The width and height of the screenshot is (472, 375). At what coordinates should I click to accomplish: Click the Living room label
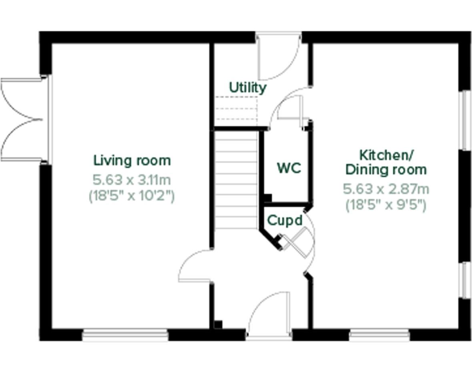(x=132, y=160)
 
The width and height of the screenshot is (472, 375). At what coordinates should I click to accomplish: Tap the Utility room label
(x=247, y=87)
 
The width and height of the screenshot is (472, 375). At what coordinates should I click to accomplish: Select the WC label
(x=289, y=168)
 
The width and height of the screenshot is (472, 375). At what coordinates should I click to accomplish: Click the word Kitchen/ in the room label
(x=386, y=155)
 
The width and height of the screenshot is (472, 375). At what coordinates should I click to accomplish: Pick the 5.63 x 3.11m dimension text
(x=132, y=180)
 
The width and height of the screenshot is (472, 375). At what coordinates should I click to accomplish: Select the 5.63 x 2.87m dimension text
(x=386, y=189)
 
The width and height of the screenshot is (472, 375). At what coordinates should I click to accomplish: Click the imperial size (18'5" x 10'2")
(x=132, y=196)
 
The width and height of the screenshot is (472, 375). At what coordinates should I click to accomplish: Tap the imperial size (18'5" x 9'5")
(x=386, y=205)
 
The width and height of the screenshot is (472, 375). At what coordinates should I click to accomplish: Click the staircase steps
(x=236, y=180)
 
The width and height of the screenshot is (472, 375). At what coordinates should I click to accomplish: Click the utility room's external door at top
(x=278, y=56)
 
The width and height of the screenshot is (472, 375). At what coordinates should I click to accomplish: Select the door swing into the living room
(x=195, y=266)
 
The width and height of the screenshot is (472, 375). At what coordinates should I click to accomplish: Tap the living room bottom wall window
(x=125, y=335)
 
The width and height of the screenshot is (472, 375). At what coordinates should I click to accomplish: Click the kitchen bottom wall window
(x=379, y=335)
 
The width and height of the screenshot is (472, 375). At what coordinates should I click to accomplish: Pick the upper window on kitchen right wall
(x=464, y=120)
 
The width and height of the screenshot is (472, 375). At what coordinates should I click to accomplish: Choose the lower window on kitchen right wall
(x=464, y=280)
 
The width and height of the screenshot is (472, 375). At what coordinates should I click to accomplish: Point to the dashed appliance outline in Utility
(x=236, y=109)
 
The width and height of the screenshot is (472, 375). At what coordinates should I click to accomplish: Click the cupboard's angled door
(x=297, y=242)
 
